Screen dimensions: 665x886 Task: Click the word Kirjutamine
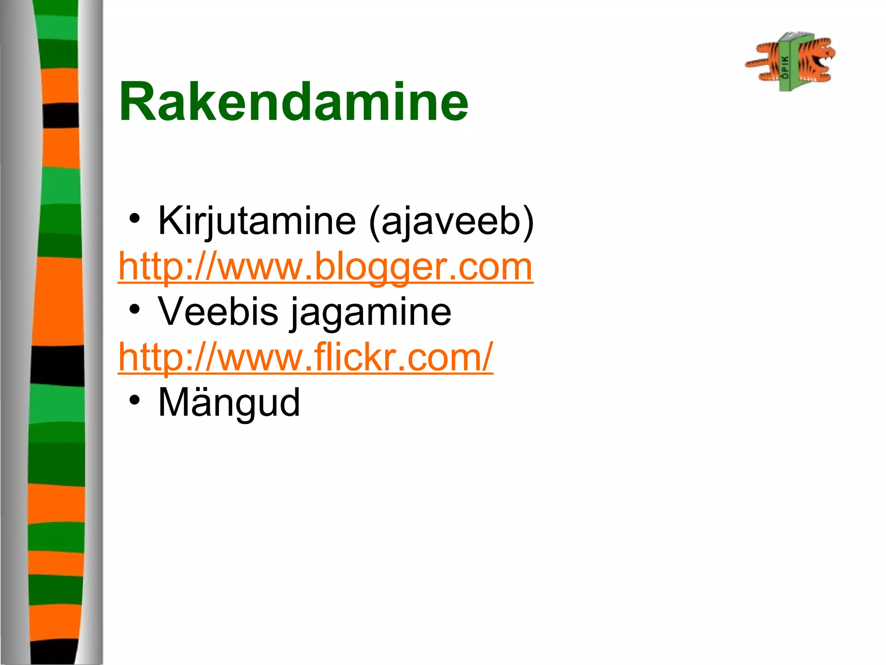257,221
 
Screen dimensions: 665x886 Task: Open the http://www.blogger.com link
325,267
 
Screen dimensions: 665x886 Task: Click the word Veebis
218,312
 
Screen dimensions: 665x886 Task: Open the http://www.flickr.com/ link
305,358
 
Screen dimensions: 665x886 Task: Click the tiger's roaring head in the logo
818,58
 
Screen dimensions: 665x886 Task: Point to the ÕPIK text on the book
785,67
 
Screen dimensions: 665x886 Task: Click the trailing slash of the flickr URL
488,357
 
